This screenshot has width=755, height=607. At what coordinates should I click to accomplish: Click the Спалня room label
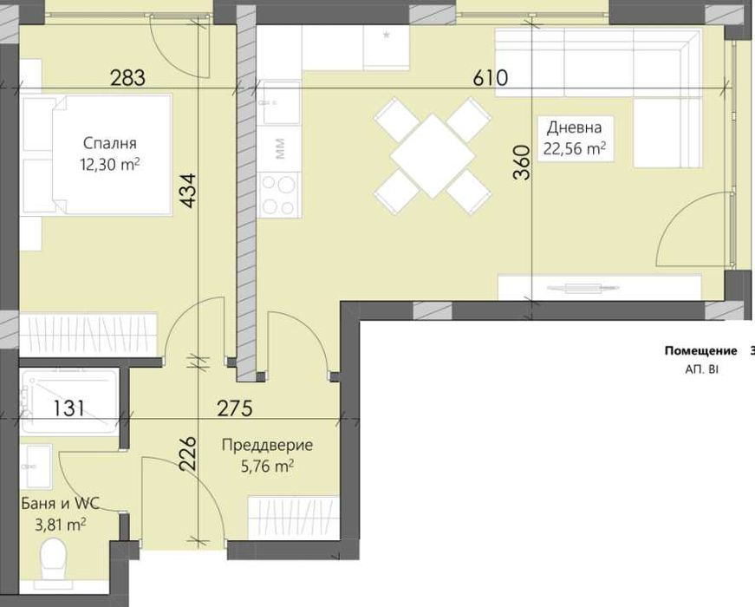pos(110,143)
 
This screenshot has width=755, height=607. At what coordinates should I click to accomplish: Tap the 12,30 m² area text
pos(110,165)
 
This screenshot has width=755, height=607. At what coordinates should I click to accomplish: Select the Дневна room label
pos(575,127)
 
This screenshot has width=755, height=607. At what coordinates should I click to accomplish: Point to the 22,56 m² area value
pos(575,149)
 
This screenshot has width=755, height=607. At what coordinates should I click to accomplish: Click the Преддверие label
pos(267,445)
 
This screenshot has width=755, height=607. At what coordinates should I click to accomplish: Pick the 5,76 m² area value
pos(267,467)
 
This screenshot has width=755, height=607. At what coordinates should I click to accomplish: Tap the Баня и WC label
pos(60,504)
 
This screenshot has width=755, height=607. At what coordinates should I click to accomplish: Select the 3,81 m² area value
pos(60,524)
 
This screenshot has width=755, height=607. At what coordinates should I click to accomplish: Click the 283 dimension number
pos(127,77)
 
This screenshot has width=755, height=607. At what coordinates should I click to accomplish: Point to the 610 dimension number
pos(490,77)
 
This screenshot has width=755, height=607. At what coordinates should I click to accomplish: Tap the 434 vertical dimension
pos(188,190)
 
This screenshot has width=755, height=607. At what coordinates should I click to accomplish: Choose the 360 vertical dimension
pos(522,163)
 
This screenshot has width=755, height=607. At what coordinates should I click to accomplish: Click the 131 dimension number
pos(68,408)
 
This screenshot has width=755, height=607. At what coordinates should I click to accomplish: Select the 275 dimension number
pos(235,408)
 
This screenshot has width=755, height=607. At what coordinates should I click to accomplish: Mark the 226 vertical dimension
pos(188,454)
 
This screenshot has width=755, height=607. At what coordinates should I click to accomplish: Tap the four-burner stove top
pos(279,195)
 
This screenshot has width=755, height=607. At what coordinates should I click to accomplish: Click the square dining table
pos(433,155)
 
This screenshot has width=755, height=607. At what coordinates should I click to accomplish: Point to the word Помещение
pos(700,350)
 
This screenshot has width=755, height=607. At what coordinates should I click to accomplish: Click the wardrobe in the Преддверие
pos(293,518)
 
